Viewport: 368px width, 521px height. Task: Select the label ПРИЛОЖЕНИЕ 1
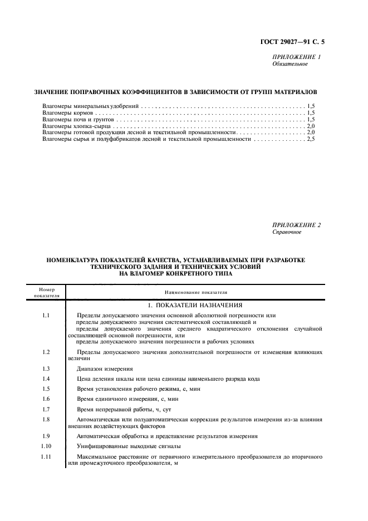(296, 57)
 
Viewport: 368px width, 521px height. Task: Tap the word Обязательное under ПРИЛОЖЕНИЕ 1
(290, 64)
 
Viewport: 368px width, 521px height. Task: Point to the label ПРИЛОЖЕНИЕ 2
(296, 225)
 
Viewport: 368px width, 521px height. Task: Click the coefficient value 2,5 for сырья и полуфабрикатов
(311, 139)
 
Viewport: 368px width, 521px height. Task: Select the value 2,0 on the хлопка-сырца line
(311, 126)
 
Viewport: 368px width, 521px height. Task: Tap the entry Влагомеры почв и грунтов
(78, 119)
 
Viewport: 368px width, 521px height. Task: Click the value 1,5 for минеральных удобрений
(311, 106)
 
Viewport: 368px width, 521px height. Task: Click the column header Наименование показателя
(196, 292)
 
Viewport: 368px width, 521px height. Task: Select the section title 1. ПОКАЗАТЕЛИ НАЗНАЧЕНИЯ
(195, 306)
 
